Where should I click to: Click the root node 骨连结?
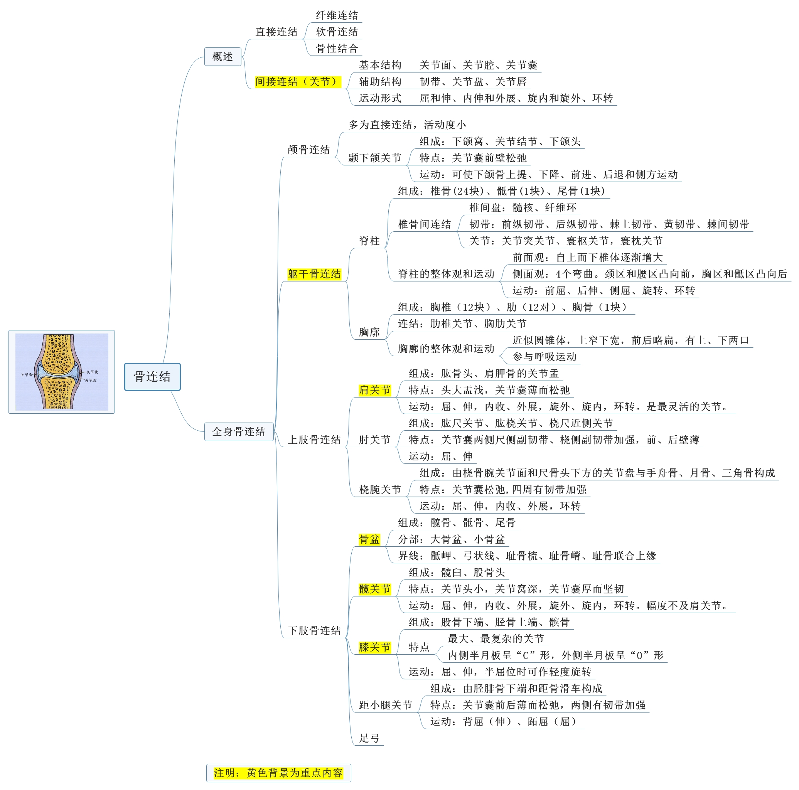click(152, 377)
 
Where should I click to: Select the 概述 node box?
click(223, 57)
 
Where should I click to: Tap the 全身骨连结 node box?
click(239, 431)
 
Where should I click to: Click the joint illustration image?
click(62, 372)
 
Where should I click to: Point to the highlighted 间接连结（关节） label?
click(297, 81)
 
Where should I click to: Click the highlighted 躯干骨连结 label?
click(314, 274)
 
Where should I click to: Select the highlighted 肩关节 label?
click(374, 390)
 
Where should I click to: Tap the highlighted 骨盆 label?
click(369, 539)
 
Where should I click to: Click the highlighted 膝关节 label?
click(374, 647)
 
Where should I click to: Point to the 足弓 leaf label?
click(369, 738)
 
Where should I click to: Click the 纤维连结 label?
click(337, 15)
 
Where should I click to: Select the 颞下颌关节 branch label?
click(374, 158)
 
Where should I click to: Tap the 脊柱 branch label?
click(369, 241)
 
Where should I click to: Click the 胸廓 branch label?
click(369, 332)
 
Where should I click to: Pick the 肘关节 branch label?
click(374, 440)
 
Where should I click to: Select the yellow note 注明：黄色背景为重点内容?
click(278, 773)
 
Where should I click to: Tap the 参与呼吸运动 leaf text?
click(544, 357)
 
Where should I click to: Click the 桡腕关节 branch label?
click(380, 490)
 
